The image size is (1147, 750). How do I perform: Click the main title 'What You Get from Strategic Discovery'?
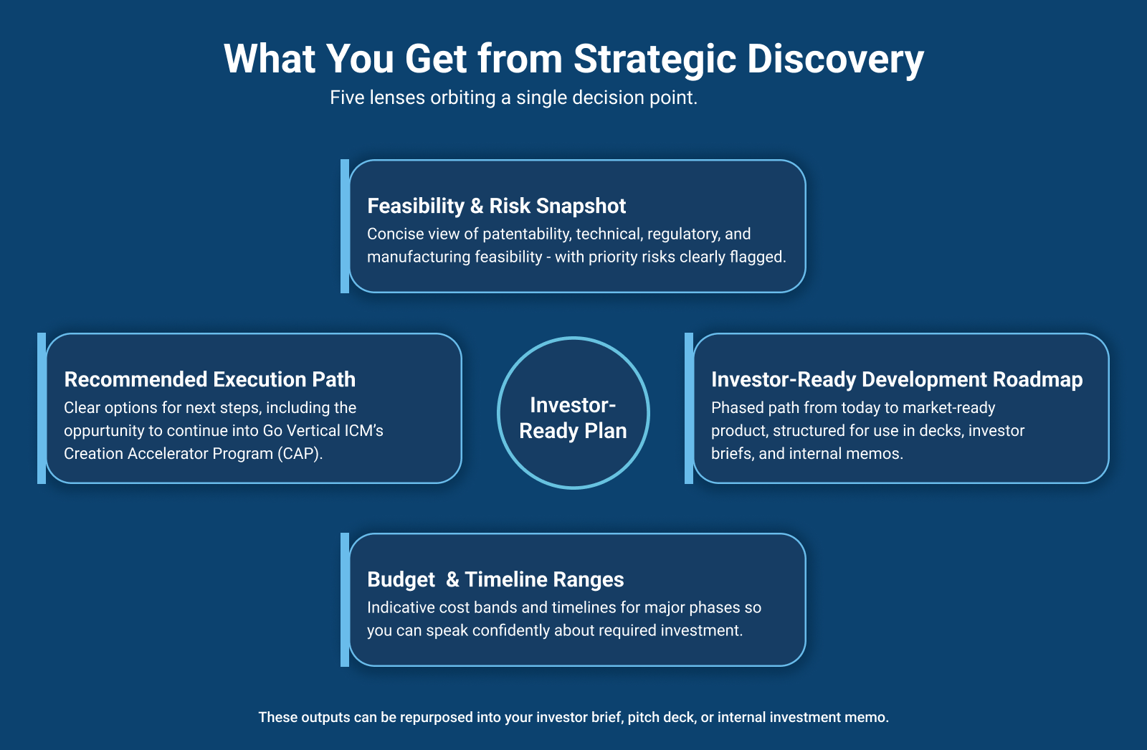(x=573, y=59)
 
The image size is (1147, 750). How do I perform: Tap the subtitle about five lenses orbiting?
(x=513, y=98)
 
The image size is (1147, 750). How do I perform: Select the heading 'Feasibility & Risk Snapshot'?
(x=496, y=206)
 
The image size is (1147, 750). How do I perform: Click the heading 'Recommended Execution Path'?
(x=209, y=379)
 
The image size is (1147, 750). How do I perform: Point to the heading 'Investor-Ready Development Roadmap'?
(x=897, y=379)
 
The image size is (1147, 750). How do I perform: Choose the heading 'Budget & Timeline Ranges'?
(x=495, y=579)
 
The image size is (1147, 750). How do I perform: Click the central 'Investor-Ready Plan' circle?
(x=573, y=412)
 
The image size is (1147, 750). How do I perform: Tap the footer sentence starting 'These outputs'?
(x=573, y=717)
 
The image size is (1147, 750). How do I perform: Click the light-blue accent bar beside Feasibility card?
(x=345, y=227)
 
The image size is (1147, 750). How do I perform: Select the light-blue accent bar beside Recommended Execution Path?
(x=42, y=408)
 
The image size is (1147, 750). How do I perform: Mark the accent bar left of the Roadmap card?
(x=689, y=408)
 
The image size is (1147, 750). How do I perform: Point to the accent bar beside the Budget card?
(x=345, y=600)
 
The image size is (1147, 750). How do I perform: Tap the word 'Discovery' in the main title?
(x=836, y=60)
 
